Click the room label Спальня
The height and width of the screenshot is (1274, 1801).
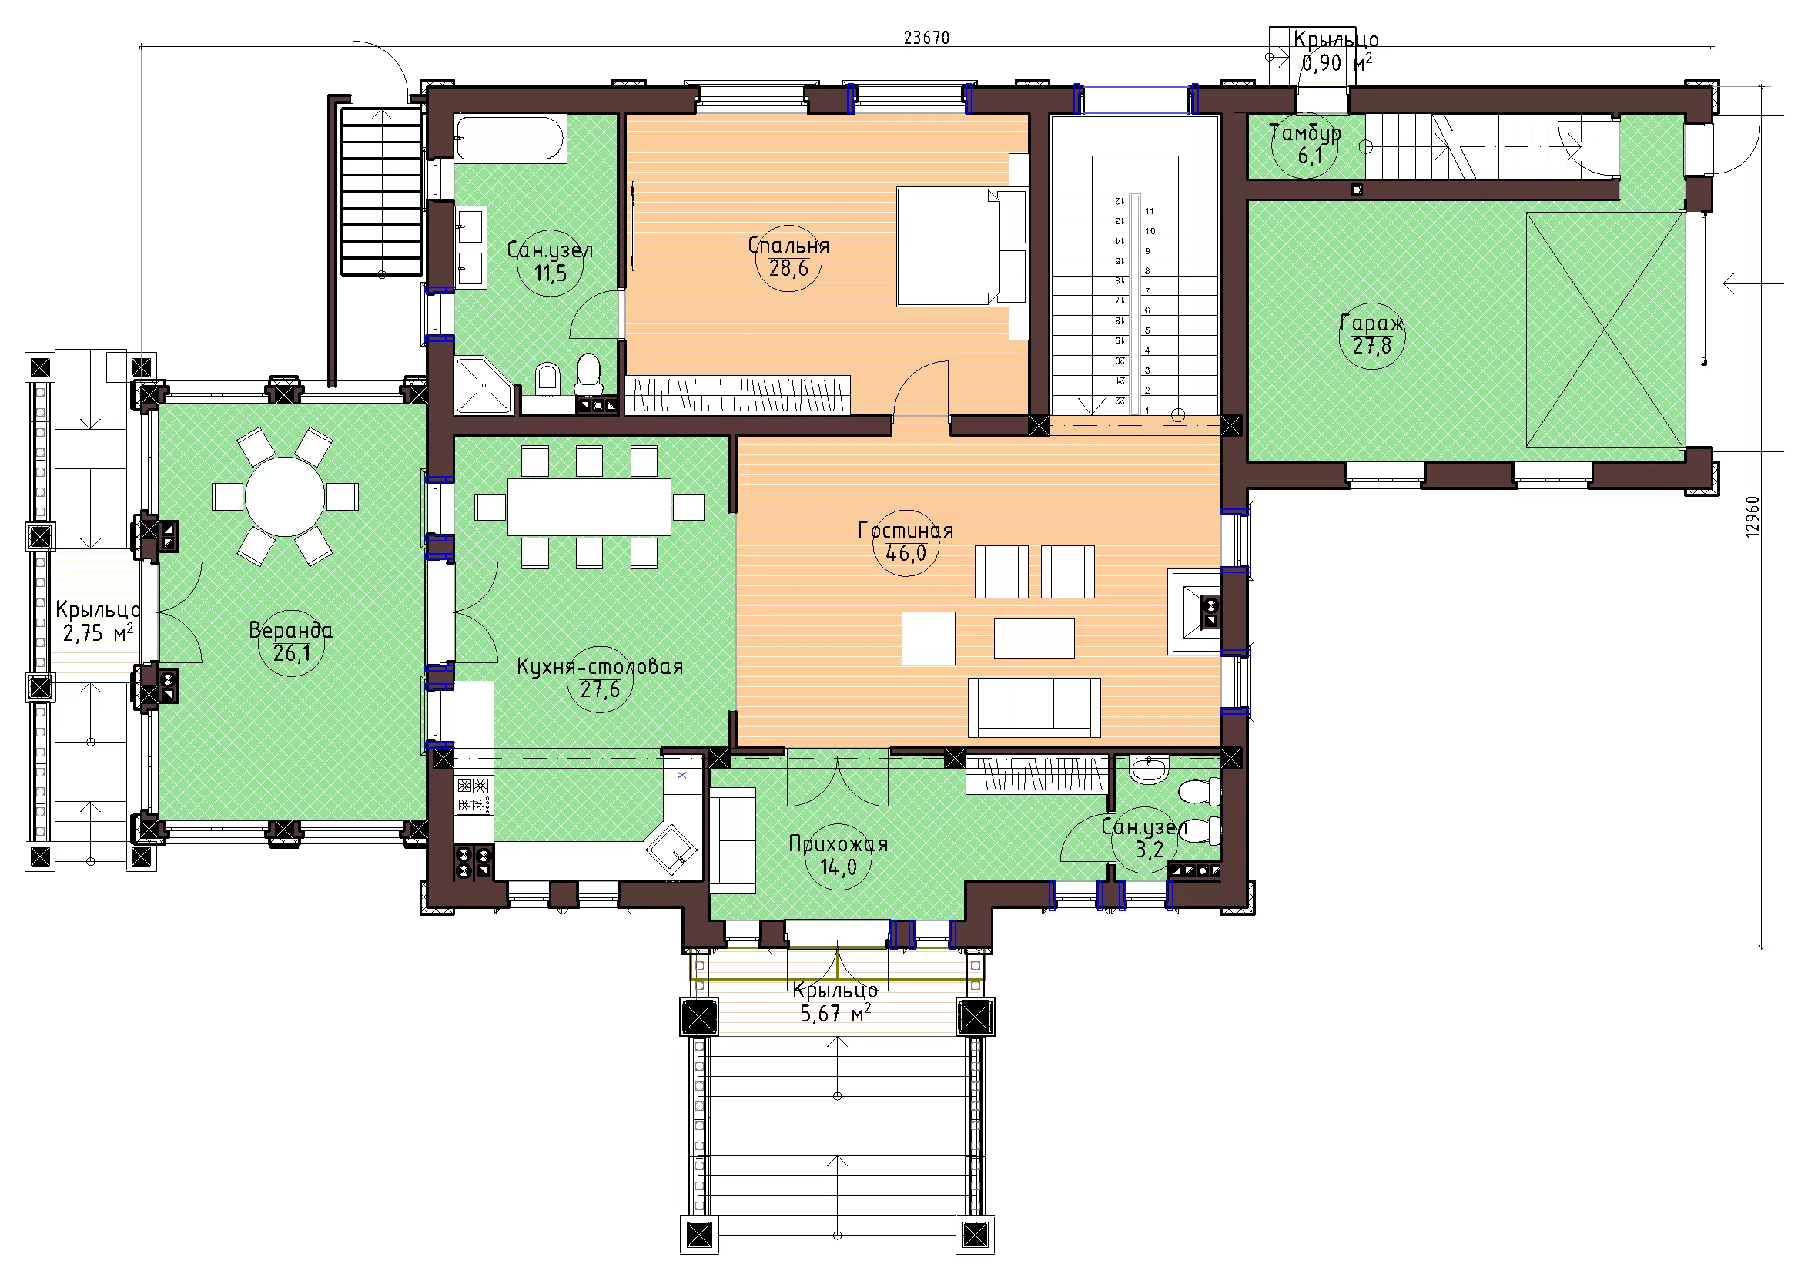click(788, 245)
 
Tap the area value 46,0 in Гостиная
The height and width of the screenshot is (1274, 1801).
click(906, 553)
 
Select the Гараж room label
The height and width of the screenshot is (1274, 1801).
click(1372, 323)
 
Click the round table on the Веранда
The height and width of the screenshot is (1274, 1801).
click(285, 497)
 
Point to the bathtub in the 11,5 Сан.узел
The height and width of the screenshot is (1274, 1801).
click(511, 139)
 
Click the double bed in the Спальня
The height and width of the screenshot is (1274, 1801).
click(962, 246)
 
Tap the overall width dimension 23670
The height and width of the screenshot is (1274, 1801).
click(926, 38)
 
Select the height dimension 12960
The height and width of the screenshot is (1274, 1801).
click(1752, 516)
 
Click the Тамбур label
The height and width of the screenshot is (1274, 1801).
click(1305, 132)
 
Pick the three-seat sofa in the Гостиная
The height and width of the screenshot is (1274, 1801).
click(1034, 708)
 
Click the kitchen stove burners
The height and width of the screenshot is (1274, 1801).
click(473, 795)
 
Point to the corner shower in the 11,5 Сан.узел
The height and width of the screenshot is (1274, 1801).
click(484, 385)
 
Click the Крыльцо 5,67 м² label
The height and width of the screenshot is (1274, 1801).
click(835, 1002)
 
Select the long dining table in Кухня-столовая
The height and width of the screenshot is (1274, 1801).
click(589, 507)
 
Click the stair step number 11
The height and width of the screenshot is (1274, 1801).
click(1149, 211)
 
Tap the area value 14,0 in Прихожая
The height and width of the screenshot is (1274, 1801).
click(839, 867)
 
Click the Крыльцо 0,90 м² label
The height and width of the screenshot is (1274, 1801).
click(1336, 51)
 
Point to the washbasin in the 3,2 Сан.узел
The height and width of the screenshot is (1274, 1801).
click(1150, 769)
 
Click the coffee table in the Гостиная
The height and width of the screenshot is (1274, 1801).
click(1034, 638)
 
